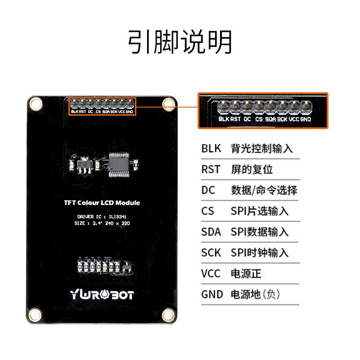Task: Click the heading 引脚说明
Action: pyautogui.click(x=180, y=43)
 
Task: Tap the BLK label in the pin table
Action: pyautogui.click(x=211, y=148)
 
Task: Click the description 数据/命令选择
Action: pyautogui.click(x=264, y=190)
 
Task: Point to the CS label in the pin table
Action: pyautogui.click(x=207, y=211)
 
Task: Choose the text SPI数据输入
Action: pyautogui.click(x=259, y=232)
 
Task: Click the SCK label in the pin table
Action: pyautogui.click(x=211, y=252)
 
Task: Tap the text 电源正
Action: pyautogui.click(x=246, y=273)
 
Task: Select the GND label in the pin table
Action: pyautogui.click(x=212, y=294)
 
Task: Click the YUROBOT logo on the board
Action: pyautogui.click(x=102, y=295)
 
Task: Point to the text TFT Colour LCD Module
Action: pyautogui.click(x=102, y=203)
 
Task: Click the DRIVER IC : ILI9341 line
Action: pyautogui.click(x=102, y=216)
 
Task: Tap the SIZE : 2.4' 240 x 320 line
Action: pyautogui.click(x=102, y=223)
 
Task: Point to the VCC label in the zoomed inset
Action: pyautogui.click(x=294, y=119)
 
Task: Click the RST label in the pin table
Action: pyautogui.click(x=211, y=169)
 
